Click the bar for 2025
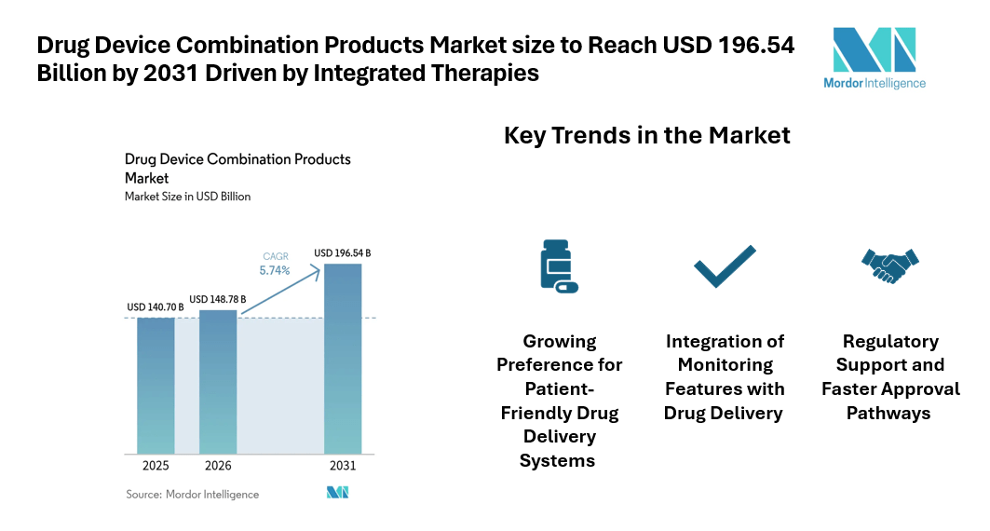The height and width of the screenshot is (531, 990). (x=156, y=385)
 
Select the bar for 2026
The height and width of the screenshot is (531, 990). (x=218, y=382)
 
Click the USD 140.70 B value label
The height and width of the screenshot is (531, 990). (x=156, y=307)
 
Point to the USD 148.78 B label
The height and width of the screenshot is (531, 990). (x=218, y=299)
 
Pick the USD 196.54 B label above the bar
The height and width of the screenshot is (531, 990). (x=342, y=252)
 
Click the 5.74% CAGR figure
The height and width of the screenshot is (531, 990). (x=275, y=270)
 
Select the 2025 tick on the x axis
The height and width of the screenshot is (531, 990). (x=156, y=466)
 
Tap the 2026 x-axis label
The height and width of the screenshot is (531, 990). (x=218, y=466)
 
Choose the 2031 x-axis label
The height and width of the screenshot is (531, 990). (x=342, y=466)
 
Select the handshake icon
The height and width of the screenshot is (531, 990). (x=889, y=265)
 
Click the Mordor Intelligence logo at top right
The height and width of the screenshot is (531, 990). (x=875, y=58)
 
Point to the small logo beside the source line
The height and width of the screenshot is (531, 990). (x=337, y=493)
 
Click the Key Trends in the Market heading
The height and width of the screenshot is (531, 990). (x=646, y=135)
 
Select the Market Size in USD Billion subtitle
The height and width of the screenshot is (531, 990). (x=187, y=197)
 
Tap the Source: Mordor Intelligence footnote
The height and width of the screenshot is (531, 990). (x=193, y=494)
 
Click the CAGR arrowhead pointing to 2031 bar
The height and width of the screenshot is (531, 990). (x=319, y=268)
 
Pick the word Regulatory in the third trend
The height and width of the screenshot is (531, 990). (x=890, y=341)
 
